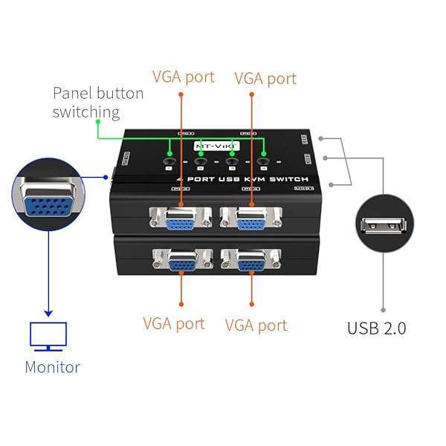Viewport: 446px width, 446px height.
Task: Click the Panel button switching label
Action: click(97, 103)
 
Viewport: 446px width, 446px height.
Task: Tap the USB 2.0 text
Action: click(376, 328)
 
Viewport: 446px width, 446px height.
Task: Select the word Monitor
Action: click(52, 366)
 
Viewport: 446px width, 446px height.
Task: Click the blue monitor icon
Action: click(48, 336)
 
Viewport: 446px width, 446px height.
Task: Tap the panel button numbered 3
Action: click(232, 158)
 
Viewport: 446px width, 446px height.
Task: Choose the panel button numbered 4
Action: click(263, 158)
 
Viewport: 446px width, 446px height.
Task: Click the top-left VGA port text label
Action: click(183, 77)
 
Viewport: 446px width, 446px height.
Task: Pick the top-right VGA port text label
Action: click(265, 78)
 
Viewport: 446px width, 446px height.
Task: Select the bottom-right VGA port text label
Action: click(256, 325)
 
